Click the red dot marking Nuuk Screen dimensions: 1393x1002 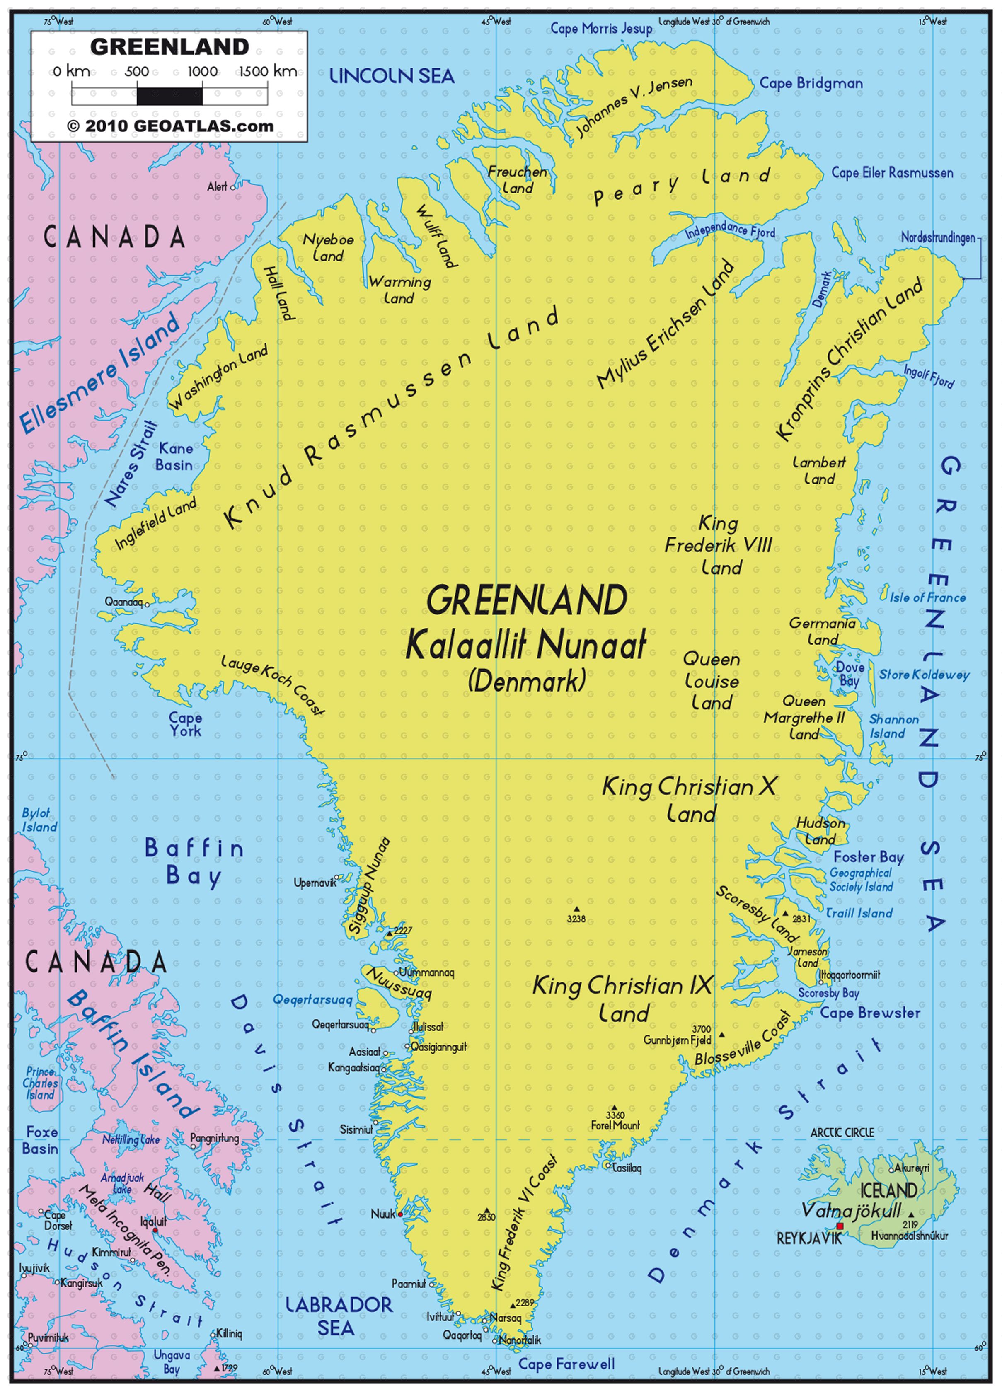pyautogui.click(x=400, y=1215)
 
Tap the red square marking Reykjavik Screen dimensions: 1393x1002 pyautogui.click(x=840, y=1226)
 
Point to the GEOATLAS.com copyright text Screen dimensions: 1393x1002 pyautogui.click(x=169, y=126)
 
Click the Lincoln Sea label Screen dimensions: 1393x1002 pyautogui.click(x=392, y=76)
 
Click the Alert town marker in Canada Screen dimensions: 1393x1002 pyautogui.click(x=232, y=187)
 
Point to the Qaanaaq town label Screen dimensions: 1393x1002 pyautogui.click(x=123, y=602)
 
